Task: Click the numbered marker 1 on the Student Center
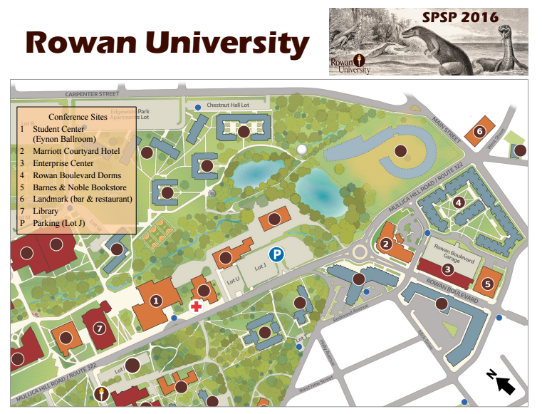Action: [x=155, y=301]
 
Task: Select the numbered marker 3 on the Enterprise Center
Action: [x=447, y=269]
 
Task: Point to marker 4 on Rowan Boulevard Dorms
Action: [x=459, y=202]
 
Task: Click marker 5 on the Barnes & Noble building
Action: [x=488, y=283]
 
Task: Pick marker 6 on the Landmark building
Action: [x=479, y=131]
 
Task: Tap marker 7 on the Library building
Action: [x=99, y=328]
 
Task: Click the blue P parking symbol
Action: [x=276, y=254]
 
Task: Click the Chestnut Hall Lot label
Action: [x=227, y=105]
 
